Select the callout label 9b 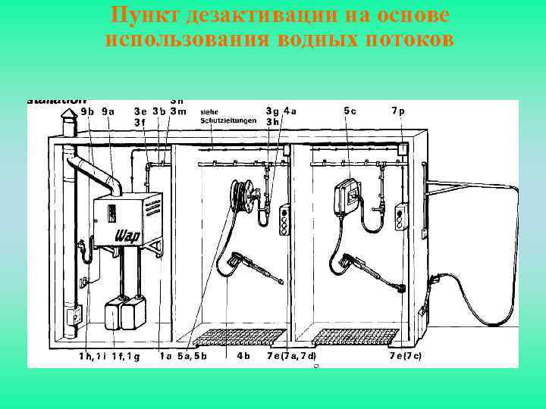(x=87, y=111)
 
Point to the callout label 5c (x=350, y=111)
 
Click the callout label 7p (x=398, y=111)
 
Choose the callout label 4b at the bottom (x=244, y=355)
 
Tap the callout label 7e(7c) (x=406, y=355)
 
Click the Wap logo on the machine (x=126, y=236)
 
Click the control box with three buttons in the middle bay (x=286, y=219)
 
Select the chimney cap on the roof (x=69, y=125)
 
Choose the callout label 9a (x=108, y=111)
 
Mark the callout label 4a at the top (x=290, y=111)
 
